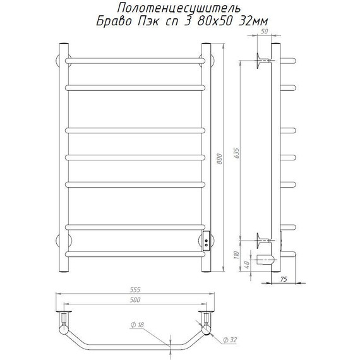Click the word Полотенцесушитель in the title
pyautogui.click(x=179, y=8)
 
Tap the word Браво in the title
pyautogui.click(x=114, y=22)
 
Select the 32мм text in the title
pyautogui.click(x=253, y=22)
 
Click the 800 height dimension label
pyautogui.click(x=220, y=159)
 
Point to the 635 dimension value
pyautogui.click(x=236, y=153)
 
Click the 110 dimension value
pyautogui.click(x=236, y=255)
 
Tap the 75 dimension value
pyautogui.click(x=284, y=279)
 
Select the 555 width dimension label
pyautogui.click(x=135, y=290)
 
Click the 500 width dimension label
pyautogui.click(x=135, y=300)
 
